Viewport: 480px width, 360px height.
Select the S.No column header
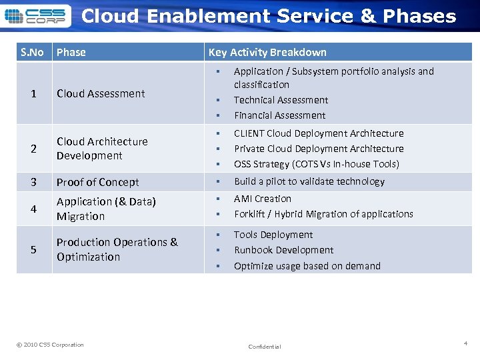coord(32,52)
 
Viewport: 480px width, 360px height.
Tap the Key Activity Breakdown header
coord(267,52)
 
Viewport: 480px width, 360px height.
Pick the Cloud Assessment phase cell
coord(101,93)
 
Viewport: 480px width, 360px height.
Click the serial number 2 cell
coord(34,149)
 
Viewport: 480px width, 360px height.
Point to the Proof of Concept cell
coord(98,182)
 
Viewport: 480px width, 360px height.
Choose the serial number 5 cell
coord(34,249)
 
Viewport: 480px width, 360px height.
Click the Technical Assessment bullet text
coord(281,100)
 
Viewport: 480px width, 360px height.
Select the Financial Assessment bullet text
coord(279,115)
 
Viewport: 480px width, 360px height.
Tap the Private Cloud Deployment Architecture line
coord(319,149)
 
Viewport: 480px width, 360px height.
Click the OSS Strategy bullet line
coord(317,164)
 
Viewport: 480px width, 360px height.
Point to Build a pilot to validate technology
coord(309,181)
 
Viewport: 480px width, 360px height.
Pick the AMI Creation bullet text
coord(263,199)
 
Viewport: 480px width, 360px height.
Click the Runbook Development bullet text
coord(283,250)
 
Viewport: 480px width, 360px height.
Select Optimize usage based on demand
coord(307,266)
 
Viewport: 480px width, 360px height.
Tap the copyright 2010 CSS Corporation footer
coord(51,345)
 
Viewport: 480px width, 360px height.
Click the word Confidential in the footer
coord(265,347)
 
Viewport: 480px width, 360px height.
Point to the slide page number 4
coord(465,343)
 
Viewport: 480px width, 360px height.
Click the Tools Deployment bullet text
coord(273,235)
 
